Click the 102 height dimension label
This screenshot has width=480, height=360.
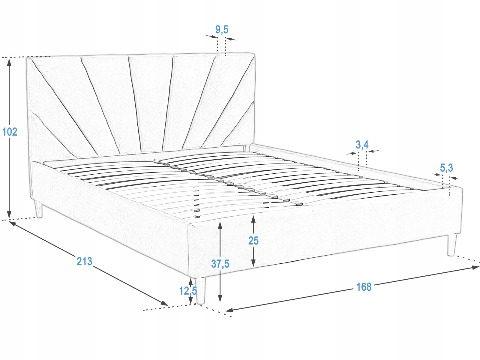(x=10, y=131)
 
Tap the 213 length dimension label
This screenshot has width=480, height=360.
(x=84, y=261)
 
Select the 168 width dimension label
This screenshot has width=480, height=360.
(x=364, y=287)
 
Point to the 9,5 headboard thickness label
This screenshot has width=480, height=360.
(x=222, y=29)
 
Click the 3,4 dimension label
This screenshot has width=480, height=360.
(x=362, y=145)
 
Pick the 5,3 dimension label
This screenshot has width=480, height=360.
(x=446, y=168)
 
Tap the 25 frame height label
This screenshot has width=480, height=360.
(x=253, y=240)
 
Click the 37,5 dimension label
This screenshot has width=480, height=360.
(x=220, y=264)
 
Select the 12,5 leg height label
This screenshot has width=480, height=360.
(x=188, y=290)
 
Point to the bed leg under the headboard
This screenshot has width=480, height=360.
(x=38, y=209)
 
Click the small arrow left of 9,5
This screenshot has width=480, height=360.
(x=214, y=37)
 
